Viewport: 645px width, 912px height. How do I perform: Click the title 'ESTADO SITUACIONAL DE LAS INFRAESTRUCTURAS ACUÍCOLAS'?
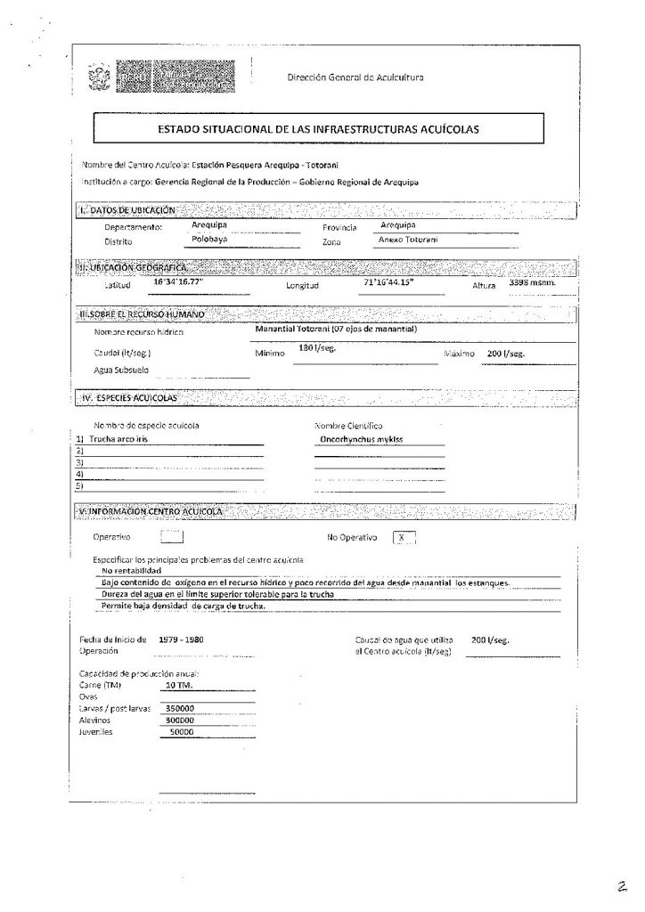click(318, 129)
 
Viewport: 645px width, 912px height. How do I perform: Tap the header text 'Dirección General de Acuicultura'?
click(355, 77)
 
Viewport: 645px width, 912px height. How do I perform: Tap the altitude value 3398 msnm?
click(532, 282)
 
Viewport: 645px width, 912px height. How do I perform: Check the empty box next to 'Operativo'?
click(171, 537)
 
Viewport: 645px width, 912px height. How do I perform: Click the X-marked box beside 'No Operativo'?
click(404, 537)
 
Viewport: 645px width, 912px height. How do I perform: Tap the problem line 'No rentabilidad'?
click(131, 570)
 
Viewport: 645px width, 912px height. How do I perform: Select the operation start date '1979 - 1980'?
click(178, 640)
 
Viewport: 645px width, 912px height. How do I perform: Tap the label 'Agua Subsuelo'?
click(121, 370)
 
